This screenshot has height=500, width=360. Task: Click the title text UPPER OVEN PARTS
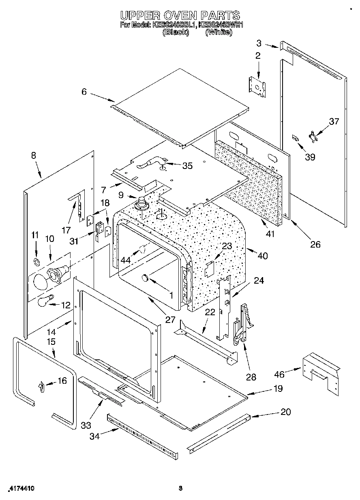click(180, 15)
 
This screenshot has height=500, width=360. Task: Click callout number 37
click(334, 121)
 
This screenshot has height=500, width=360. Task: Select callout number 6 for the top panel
click(84, 92)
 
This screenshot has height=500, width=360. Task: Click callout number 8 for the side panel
click(33, 155)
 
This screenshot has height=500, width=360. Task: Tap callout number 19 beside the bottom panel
click(278, 389)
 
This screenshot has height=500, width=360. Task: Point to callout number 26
click(315, 244)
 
